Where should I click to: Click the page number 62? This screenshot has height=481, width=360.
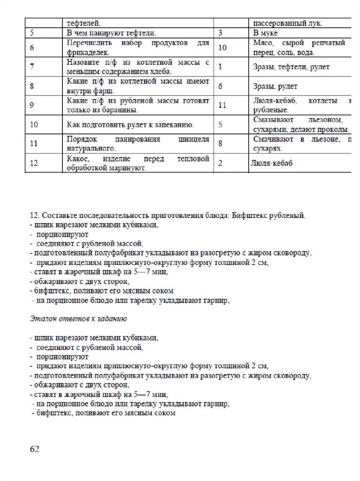34,449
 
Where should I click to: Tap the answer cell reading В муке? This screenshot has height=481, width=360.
265,33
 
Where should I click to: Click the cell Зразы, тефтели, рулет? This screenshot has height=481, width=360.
291,67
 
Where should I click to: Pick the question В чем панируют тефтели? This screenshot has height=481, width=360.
111,33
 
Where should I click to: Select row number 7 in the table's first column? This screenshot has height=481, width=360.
31,67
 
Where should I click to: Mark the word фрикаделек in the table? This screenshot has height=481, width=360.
87,53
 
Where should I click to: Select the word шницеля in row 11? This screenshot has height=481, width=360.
193,139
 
